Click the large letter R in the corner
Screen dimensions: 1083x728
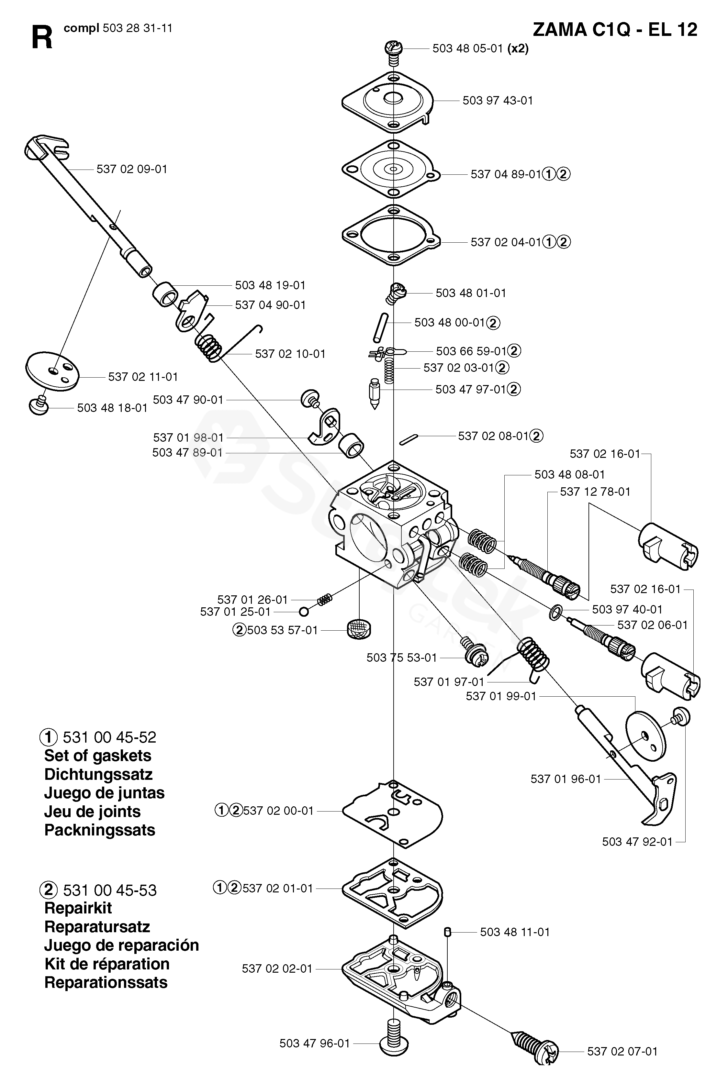pos(42,38)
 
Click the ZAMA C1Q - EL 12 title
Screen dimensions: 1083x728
pos(615,30)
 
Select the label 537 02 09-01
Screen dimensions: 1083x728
pos(132,169)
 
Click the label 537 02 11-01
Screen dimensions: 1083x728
pos(143,377)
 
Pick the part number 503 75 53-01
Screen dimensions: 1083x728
pos(402,658)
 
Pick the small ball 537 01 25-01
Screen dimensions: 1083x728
pos(304,612)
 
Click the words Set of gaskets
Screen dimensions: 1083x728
pos(97,756)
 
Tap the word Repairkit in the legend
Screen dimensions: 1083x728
pos(78,908)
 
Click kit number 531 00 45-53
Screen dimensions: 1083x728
pos(109,890)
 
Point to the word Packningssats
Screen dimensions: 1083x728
pos(99,830)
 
